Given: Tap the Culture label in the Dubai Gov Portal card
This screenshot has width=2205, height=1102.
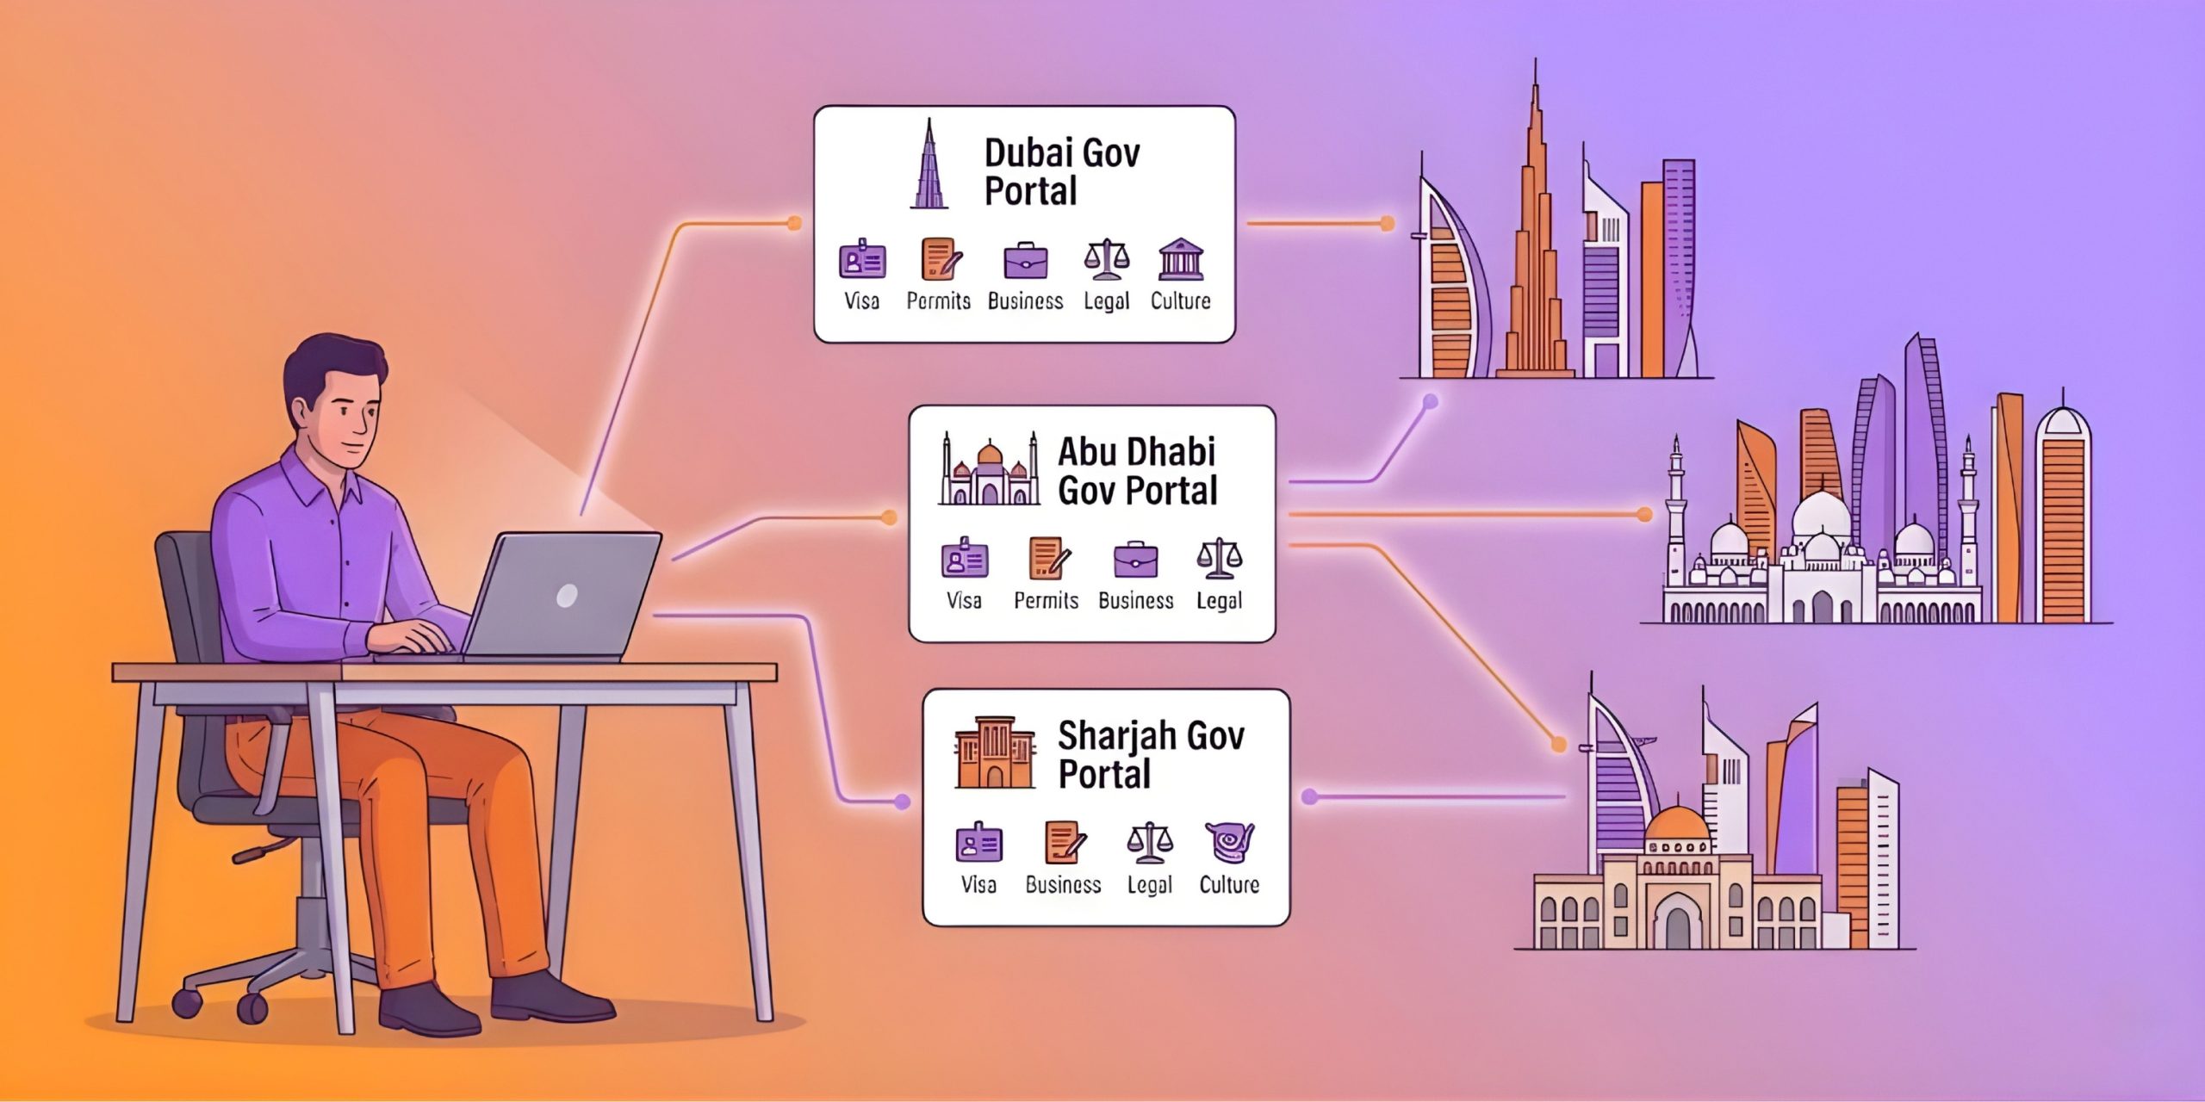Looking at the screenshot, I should tap(1180, 300).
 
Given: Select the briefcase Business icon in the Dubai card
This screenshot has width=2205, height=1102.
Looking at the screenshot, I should tap(1025, 261).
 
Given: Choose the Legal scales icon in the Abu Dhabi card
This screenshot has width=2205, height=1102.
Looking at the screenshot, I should tap(1219, 559).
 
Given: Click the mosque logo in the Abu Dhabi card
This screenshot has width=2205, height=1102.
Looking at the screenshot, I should tap(988, 473).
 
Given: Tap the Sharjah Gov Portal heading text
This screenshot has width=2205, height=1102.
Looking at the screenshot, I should tap(1151, 754).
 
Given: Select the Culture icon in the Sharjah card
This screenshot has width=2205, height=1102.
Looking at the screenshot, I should tap(1229, 841).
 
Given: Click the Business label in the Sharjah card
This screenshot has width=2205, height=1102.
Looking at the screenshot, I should tap(1063, 884).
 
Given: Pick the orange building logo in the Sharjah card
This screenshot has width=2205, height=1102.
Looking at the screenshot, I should tap(994, 752).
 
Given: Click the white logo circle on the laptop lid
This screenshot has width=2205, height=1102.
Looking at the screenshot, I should tap(566, 595).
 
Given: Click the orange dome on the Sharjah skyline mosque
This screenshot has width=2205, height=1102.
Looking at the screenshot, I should tap(1676, 823).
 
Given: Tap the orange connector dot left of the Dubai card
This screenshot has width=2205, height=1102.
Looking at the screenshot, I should tap(793, 224).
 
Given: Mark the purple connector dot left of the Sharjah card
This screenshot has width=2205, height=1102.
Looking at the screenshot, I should tap(902, 802).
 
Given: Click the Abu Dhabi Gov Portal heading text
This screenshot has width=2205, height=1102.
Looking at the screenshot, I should tap(1137, 471).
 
